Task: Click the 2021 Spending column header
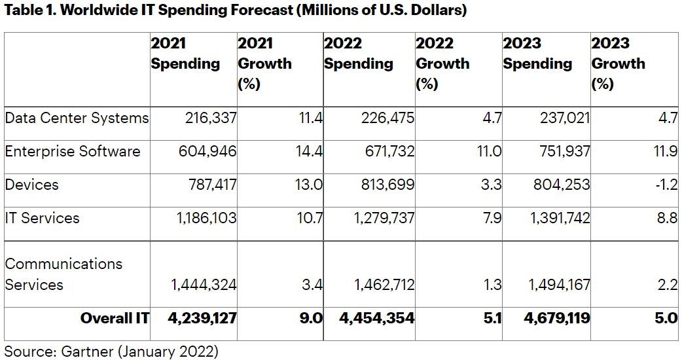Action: (x=185, y=54)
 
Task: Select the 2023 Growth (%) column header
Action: (x=618, y=63)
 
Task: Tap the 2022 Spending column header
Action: (x=358, y=54)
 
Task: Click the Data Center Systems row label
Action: (x=77, y=118)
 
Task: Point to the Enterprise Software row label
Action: (x=73, y=151)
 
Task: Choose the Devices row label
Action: (x=32, y=185)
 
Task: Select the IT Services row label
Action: (x=43, y=218)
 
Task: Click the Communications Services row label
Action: (x=63, y=274)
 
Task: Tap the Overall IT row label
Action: (x=115, y=318)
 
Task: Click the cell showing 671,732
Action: (x=387, y=151)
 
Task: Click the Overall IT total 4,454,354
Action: (x=377, y=318)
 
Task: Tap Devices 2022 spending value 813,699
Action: (x=387, y=185)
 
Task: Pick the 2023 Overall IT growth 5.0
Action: (x=665, y=318)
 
